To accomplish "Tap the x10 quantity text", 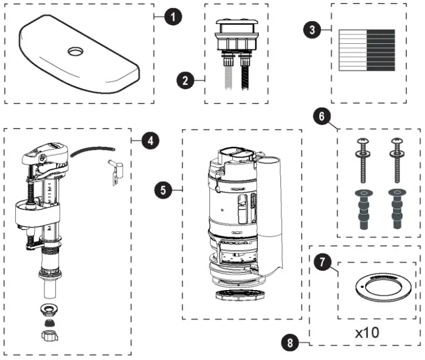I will (x=367, y=332).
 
